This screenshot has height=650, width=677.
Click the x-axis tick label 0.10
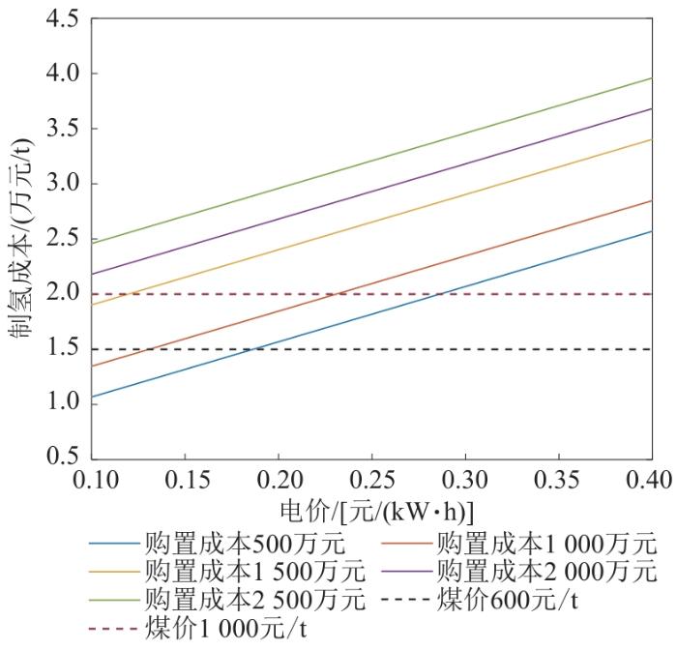coord(92,481)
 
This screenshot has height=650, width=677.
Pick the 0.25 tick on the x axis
coord(371,481)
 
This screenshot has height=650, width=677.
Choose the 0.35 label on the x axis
coord(557,481)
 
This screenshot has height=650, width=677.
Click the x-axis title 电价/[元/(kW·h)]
coord(371,512)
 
